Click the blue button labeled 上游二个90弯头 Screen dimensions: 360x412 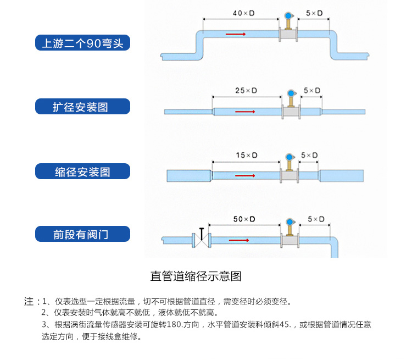pyautogui.click(x=82, y=43)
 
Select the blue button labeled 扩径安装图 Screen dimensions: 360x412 pyautogui.click(x=82, y=107)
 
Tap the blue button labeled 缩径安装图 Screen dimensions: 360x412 pyautogui.click(x=82, y=171)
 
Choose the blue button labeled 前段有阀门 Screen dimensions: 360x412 pyautogui.click(x=82, y=235)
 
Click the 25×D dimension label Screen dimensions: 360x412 pyautogui.click(x=246, y=90)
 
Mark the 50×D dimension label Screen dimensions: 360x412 pyautogui.click(x=244, y=219)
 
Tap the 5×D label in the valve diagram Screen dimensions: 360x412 pyautogui.click(x=316, y=219)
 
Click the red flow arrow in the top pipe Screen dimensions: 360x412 pyautogui.click(x=235, y=35)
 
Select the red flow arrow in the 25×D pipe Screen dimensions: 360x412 pyautogui.click(x=246, y=112)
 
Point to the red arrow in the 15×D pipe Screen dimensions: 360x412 pyautogui.click(x=245, y=176)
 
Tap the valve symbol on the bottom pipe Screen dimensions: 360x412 pyautogui.click(x=203, y=239)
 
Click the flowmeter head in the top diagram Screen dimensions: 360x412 pyautogui.click(x=287, y=16)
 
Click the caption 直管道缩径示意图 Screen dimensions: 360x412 pyautogui.click(x=196, y=276)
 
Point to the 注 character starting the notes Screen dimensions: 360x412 pyautogui.click(x=29, y=302)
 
